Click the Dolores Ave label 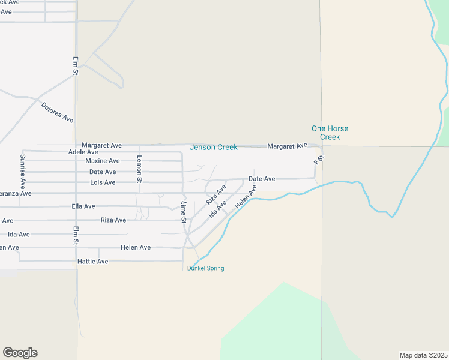click(58, 113)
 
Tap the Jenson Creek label click(214, 147)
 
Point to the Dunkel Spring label click(206, 268)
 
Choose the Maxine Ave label click(102, 161)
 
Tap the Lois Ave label click(102, 182)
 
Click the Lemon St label click(139, 169)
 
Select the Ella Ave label click(81, 206)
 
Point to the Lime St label click(184, 212)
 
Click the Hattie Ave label click(93, 262)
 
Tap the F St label click(319, 161)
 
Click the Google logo click(20, 353)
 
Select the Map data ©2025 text click(423, 355)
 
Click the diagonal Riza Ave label click(216, 194)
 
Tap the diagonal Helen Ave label click(246, 197)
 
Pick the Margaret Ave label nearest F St click(287, 146)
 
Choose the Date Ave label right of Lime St click(262, 179)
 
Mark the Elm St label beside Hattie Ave click(76, 235)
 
